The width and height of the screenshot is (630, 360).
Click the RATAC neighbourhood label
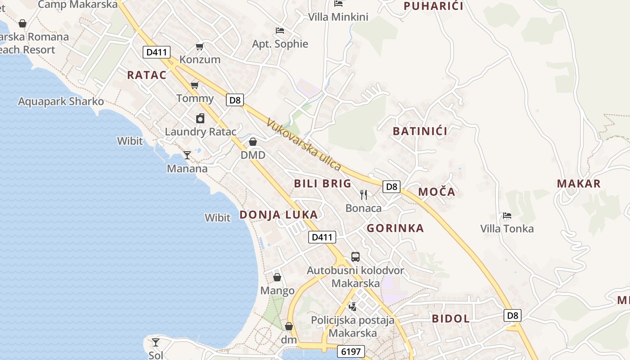tap(147, 75)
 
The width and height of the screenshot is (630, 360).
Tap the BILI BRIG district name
tap(323, 184)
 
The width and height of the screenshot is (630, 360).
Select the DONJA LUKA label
tap(279, 215)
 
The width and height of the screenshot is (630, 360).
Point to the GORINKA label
tap(395, 228)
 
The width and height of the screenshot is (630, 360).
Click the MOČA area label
tap(436, 192)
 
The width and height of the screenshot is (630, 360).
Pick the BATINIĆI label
tap(420, 131)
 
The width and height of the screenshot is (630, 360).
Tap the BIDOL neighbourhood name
tap(450, 319)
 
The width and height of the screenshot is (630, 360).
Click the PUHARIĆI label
tap(433, 6)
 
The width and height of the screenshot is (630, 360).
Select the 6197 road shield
tap(351, 351)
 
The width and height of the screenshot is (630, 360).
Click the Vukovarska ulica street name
tap(303, 144)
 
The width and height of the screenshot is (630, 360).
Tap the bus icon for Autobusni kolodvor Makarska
tap(355, 257)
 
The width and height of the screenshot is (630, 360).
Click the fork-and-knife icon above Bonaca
tap(364, 194)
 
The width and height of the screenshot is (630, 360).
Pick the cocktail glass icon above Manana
tap(187, 155)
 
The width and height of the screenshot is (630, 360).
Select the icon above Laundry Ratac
tap(200, 118)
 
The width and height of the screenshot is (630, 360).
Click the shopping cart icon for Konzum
tap(200, 46)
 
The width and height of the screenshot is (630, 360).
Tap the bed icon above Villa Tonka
tap(507, 216)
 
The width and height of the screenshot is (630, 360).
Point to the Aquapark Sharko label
tap(61, 101)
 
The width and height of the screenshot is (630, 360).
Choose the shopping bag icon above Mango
tap(277, 277)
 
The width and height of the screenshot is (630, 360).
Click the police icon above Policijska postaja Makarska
tap(353, 307)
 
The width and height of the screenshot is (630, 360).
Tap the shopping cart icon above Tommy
tap(195, 85)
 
